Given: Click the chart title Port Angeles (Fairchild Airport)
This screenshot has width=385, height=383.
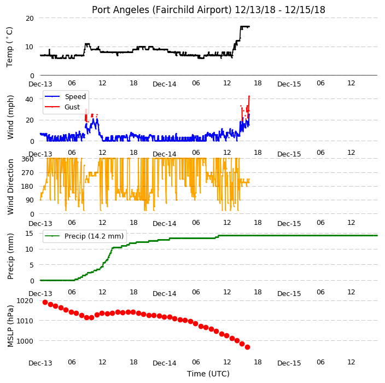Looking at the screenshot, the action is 162,10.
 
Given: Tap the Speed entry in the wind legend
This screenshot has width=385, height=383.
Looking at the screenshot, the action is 75,96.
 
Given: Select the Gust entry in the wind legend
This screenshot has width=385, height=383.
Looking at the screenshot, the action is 72,107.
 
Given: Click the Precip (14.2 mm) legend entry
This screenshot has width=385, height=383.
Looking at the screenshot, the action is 94,236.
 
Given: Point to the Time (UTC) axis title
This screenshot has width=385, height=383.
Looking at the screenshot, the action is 208,374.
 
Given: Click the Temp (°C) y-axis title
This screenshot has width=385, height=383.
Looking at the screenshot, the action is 9,47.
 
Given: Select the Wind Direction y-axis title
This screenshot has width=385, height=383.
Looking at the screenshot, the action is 10,187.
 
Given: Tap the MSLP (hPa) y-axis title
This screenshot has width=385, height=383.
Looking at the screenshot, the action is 10,326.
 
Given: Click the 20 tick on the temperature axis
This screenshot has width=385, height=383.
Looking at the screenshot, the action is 30,19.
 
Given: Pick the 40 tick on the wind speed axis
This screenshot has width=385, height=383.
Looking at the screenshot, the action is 30,99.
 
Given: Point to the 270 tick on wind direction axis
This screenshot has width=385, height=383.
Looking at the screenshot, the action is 27,173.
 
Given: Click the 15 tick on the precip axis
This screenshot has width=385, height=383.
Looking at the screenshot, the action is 30,234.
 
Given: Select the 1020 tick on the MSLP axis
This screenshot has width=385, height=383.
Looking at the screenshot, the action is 25,301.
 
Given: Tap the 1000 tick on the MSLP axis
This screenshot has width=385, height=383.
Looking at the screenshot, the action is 25,341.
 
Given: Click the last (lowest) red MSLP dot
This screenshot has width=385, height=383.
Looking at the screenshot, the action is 247,347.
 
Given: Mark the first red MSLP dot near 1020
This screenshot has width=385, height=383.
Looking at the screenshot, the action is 45,302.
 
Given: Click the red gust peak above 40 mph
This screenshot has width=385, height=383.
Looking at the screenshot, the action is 249,96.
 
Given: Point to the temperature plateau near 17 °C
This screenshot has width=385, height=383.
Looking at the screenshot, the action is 245,26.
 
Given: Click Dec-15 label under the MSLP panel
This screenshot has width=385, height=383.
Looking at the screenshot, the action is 289,363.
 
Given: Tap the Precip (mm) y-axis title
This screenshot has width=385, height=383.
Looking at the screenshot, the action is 10,256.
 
